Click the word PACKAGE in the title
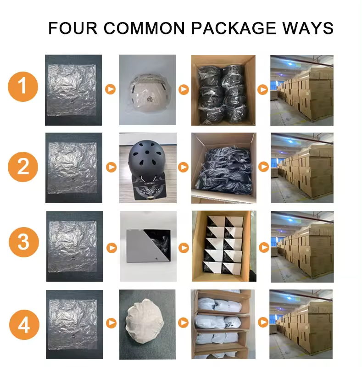coord(234,28)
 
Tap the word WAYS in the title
coord(308,28)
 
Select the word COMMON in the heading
coord(144,28)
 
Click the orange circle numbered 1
coord(23,86)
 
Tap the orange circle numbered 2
coord(23,167)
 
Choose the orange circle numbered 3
coord(24,242)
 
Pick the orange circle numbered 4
coord(24,325)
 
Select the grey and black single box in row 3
coord(149,246)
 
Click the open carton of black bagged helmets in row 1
coord(223,90)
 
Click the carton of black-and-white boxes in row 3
coord(224,246)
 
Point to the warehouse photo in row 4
coord(301,324)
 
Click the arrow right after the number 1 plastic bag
coord(110,89)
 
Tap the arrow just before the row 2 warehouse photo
coord(263,167)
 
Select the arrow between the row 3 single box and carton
coord(184,248)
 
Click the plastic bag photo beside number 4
coord(74,324)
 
